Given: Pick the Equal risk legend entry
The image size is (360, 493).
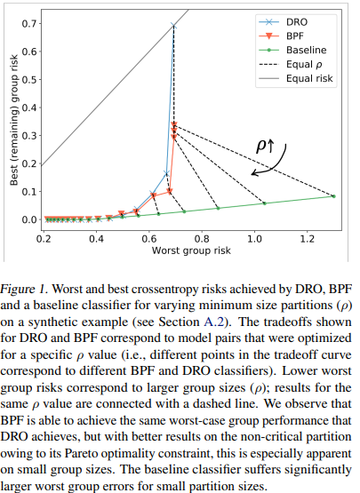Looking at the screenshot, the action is pos(296,78).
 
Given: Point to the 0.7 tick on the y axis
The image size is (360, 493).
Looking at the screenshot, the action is pos(29,24).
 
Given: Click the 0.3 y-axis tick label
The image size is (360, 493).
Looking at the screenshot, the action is pos(29,136).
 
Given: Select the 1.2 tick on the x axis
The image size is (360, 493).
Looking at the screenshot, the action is pos(308,239).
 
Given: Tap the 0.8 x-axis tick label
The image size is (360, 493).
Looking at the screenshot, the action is pos(202,239).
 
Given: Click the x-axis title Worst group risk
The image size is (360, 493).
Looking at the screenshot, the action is pos(191,250).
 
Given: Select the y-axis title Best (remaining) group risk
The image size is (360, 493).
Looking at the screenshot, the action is pos(14,120).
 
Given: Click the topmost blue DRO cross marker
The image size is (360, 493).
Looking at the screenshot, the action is pos(173,26).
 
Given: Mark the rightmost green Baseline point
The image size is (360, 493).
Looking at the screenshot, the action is pos(334,196).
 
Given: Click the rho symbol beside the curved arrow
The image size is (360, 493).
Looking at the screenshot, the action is pos(260,146).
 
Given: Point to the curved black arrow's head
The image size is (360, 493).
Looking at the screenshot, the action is pos(252,173).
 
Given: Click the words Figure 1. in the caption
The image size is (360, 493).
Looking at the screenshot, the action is pos(24,290).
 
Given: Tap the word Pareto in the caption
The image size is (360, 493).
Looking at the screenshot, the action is pos(81,453).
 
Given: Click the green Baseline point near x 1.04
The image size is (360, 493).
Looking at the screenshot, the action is pos(264,203).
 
